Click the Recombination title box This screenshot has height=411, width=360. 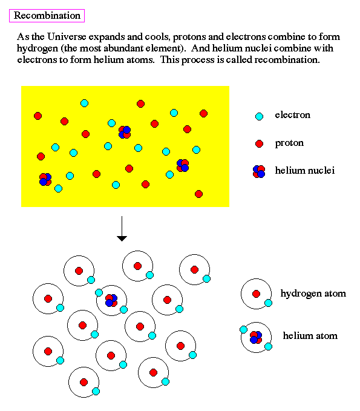click(47, 16)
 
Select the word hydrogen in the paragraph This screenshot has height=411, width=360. click(38, 49)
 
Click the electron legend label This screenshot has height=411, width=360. click(292, 115)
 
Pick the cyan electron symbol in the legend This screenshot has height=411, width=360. click(259, 116)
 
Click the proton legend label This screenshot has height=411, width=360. click(289, 143)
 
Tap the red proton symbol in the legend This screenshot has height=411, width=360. click(259, 143)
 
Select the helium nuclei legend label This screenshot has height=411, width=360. click(305, 170)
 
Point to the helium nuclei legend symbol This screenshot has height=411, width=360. click(259, 172)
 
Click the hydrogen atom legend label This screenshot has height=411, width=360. click(313, 294)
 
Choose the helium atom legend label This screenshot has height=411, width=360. click(310, 336)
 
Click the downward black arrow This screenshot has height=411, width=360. click(122, 229)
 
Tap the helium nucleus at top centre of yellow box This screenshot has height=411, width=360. click(125, 133)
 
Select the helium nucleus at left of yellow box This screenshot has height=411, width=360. click(45, 179)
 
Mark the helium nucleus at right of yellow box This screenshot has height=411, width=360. click(183, 165)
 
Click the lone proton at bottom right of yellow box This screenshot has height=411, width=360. click(199, 194)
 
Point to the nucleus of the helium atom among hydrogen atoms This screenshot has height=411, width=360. click(111, 300)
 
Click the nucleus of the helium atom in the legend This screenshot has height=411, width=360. click(256, 337)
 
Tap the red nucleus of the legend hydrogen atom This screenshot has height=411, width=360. click(257, 294)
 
